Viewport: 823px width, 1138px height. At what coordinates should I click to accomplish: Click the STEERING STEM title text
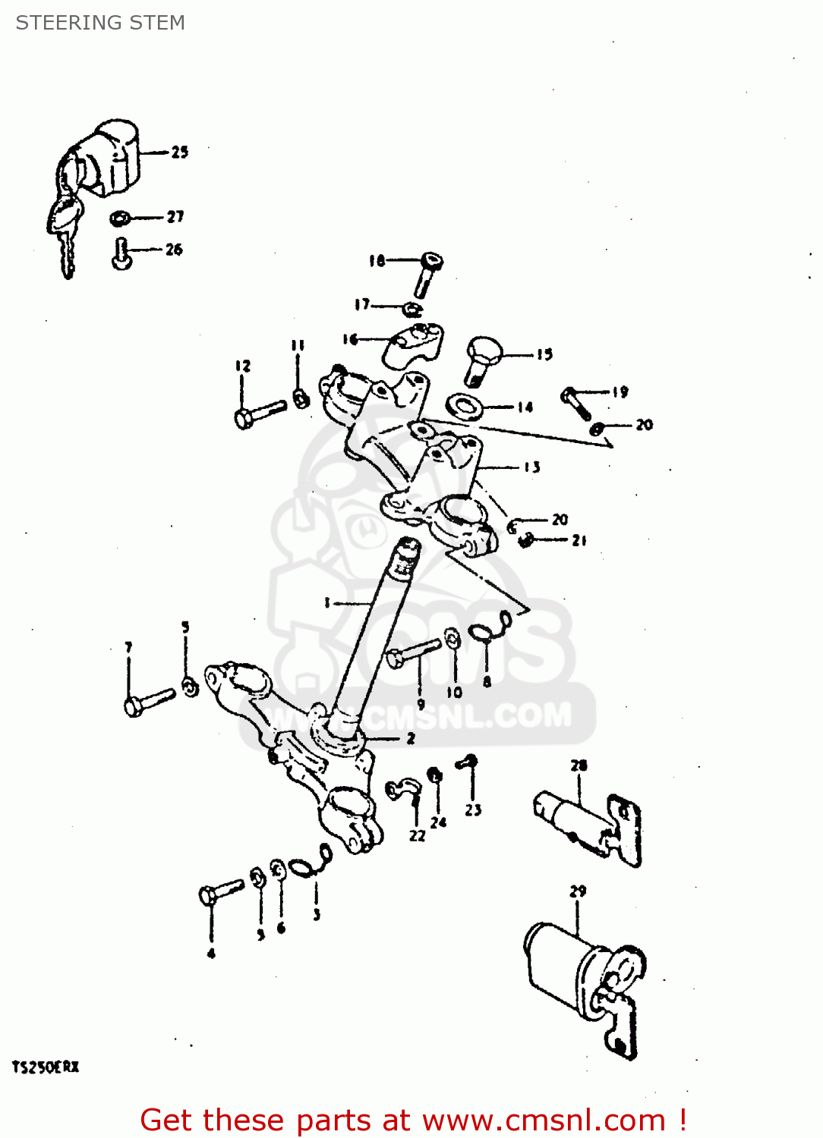coord(100,23)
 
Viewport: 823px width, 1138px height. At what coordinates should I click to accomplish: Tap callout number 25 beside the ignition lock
coord(179,152)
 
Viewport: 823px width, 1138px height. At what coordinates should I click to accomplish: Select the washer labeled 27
coord(120,218)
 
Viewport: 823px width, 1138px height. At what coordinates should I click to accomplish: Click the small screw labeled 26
coord(121,253)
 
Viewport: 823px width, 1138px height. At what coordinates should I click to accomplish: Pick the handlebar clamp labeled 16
coord(414,343)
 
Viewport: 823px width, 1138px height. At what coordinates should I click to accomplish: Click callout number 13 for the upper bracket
coord(531,467)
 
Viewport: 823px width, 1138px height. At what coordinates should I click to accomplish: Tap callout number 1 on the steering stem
coord(326,603)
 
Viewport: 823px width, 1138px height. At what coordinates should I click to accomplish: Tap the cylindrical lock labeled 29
coord(581,979)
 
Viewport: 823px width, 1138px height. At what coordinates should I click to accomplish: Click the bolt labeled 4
coord(220,891)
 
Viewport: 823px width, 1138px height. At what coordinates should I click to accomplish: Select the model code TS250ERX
coord(46,1067)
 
